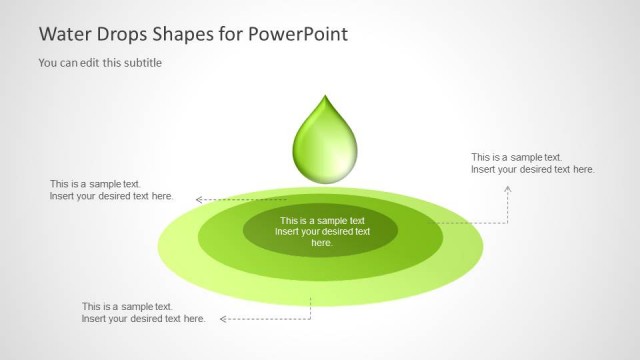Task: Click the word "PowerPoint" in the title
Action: [299, 34]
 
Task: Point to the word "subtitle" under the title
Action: [141, 63]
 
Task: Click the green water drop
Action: [323, 145]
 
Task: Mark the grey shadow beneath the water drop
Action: [323, 185]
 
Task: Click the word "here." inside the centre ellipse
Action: [321, 243]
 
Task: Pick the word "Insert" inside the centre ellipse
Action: [291, 232]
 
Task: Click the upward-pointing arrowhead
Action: [508, 185]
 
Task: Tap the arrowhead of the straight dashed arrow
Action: [199, 200]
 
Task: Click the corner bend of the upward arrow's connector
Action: [508, 222]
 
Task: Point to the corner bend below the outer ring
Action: [310, 319]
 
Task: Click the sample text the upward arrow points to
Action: [533, 163]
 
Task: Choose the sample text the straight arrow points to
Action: [111, 190]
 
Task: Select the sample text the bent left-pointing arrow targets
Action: [143, 313]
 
